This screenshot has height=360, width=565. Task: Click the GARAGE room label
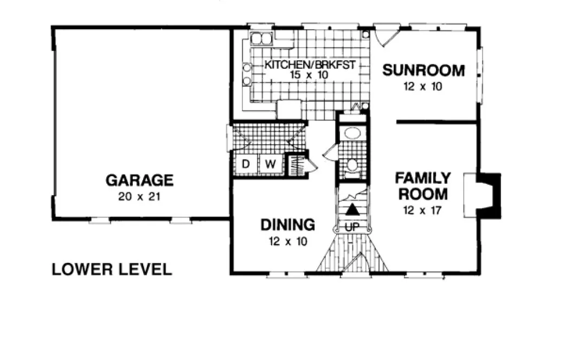click(x=139, y=179)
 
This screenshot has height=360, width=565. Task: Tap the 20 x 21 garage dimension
click(x=139, y=196)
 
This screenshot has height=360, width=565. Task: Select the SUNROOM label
click(x=423, y=70)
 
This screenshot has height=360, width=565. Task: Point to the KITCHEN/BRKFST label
click(x=310, y=65)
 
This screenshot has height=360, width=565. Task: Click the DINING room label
click(x=287, y=224)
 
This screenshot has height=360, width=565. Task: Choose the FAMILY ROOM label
click(x=422, y=186)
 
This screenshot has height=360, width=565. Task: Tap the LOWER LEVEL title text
click(x=112, y=269)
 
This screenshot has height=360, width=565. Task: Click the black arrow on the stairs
click(x=352, y=209)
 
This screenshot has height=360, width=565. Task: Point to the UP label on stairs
click(x=352, y=228)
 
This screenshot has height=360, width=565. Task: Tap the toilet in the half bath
click(x=352, y=165)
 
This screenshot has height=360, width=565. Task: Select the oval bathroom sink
click(x=352, y=133)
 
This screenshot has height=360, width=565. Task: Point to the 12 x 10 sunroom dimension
click(x=423, y=87)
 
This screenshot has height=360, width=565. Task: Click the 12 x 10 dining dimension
click(x=287, y=241)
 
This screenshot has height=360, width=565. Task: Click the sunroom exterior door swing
click(x=387, y=37)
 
